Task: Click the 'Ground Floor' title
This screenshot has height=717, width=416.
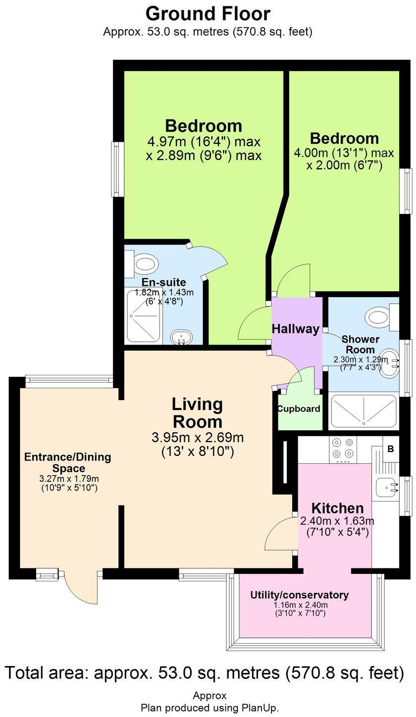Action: click(208, 13)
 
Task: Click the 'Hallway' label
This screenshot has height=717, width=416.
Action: click(295, 329)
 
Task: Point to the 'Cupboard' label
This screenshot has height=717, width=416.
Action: click(298, 409)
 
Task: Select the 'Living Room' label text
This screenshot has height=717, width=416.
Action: click(197, 413)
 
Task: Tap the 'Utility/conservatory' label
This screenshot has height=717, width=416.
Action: click(299, 595)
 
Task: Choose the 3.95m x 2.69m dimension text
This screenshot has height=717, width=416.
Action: click(197, 438)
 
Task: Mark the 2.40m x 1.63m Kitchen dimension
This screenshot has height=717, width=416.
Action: click(337, 521)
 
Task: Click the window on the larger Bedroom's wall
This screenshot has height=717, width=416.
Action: click(117, 168)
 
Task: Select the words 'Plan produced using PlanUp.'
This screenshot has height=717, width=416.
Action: click(209, 708)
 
